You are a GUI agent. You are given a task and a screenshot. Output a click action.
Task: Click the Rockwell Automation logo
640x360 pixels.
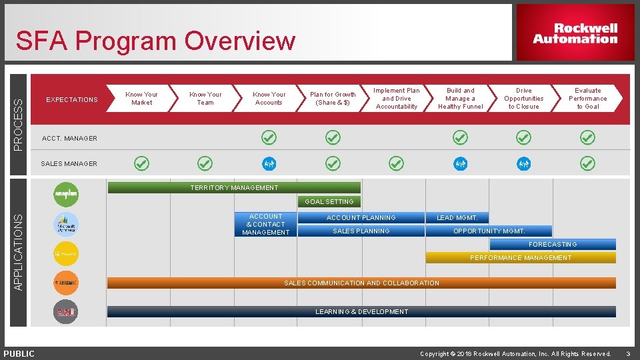[x=575, y=33]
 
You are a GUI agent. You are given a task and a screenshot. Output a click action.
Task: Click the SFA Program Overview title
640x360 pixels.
[x=155, y=41]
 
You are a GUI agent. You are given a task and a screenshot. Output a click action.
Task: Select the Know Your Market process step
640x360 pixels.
[x=141, y=99]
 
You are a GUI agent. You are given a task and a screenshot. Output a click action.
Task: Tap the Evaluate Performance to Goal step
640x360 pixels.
[x=587, y=99]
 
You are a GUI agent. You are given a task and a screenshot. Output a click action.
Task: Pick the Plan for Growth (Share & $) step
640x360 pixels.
[x=333, y=99]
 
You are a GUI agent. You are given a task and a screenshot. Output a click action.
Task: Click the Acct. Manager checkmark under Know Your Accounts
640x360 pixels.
[x=269, y=137]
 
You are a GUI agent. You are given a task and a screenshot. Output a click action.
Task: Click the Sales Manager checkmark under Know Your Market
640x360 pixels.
[x=141, y=163]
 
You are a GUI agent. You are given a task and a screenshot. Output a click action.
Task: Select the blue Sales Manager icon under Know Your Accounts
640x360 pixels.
[x=269, y=163]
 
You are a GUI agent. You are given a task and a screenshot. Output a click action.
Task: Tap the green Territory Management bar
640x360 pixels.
[x=234, y=188]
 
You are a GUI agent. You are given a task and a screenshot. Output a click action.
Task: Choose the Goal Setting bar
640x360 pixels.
[x=329, y=201]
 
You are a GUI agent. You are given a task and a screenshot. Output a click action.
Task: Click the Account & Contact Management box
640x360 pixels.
[x=265, y=225]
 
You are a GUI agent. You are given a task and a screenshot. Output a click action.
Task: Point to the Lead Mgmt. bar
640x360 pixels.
[x=457, y=217]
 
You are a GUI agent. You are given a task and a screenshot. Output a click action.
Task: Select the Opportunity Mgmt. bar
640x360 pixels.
[x=489, y=231]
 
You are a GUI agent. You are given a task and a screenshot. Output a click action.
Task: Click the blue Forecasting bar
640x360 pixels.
[x=553, y=244]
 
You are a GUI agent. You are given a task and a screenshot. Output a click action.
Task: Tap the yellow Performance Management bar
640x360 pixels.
[x=520, y=257]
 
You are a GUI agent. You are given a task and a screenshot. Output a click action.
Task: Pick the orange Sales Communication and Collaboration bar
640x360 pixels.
[x=361, y=283]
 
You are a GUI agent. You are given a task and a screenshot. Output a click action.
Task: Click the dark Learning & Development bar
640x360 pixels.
[x=361, y=311]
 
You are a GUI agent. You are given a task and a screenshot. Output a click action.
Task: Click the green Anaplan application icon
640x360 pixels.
[x=66, y=194]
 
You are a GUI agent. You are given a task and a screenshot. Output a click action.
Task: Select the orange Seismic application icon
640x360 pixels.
[x=66, y=283]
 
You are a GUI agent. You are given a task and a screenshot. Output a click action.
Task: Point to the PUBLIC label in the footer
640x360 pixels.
[x=19, y=353]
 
